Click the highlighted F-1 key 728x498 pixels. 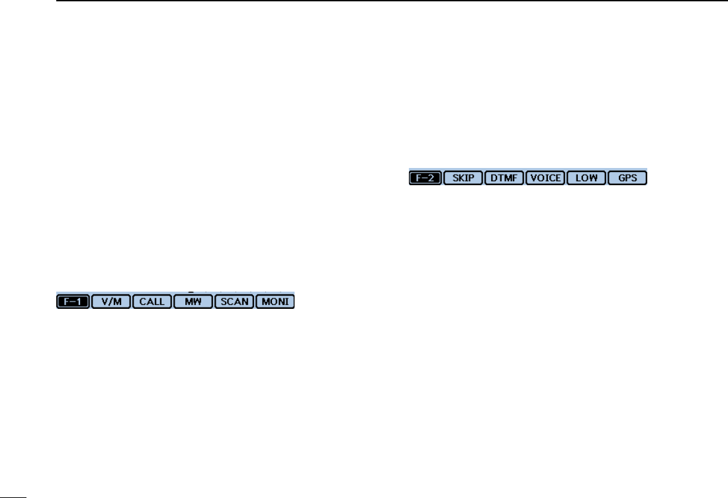pyautogui.click(x=73, y=302)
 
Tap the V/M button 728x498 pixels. pyautogui.click(x=111, y=302)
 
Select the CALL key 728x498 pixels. pyautogui.click(x=152, y=302)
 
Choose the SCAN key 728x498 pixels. pyautogui.click(x=234, y=302)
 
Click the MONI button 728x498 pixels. pyautogui.click(x=275, y=302)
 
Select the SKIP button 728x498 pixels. pyautogui.click(x=463, y=178)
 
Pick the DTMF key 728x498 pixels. pyautogui.click(x=504, y=178)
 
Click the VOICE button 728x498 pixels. pyautogui.click(x=545, y=178)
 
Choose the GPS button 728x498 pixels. pyautogui.click(x=627, y=178)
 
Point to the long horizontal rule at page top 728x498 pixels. pyautogui.click(x=390, y=1)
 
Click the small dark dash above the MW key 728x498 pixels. pyautogui.click(x=191, y=292)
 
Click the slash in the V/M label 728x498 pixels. pyautogui.click(x=111, y=302)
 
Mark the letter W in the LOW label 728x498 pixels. pyautogui.click(x=594, y=178)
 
